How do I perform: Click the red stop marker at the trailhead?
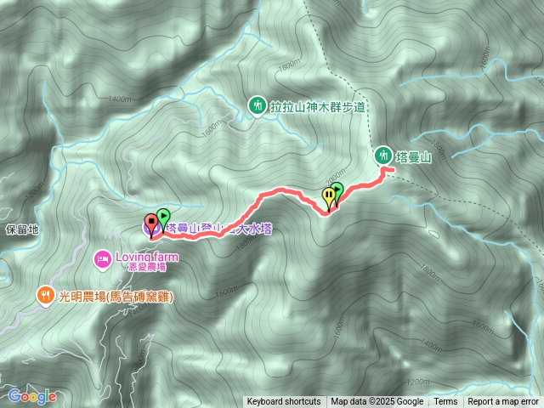point(152,224)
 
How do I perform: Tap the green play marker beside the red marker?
point(163,218)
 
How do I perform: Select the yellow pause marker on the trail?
point(329,197)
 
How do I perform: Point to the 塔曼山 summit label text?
point(415,157)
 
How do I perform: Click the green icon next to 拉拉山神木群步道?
point(256,106)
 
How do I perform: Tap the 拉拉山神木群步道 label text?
point(318,107)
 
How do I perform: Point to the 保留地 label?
point(22,229)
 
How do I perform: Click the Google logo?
point(31,396)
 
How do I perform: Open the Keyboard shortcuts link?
point(284,402)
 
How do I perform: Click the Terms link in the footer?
point(445,402)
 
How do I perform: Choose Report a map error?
point(503,402)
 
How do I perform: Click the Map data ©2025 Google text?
point(377,402)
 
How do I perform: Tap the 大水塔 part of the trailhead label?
point(253,228)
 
